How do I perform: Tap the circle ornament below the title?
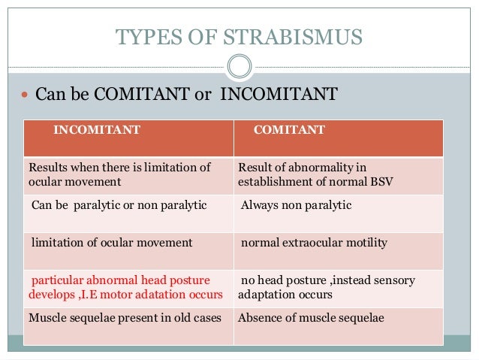coord(239,67)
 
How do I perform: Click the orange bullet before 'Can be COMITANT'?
coord(25,95)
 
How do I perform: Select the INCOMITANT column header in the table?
coord(96,130)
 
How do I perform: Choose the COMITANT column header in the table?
coord(289,130)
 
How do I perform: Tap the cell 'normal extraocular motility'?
coord(314,243)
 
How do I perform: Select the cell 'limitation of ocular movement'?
coord(112,243)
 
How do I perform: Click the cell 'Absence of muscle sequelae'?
coord(311,318)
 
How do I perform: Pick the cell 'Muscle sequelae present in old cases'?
coord(125,318)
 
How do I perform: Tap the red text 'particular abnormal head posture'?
coord(121,280)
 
